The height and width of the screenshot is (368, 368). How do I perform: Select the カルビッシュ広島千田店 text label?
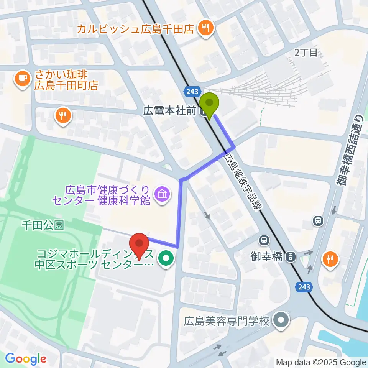click(x=136, y=29)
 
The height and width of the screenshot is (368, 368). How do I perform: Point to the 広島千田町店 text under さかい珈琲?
click(x=66, y=84)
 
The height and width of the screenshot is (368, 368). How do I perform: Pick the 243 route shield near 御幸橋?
click(x=304, y=286)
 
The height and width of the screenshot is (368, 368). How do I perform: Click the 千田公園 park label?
click(x=43, y=225)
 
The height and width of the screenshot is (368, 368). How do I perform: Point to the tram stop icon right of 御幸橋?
click(x=292, y=257)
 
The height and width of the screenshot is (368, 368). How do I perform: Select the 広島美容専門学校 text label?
click(x=227, y=320)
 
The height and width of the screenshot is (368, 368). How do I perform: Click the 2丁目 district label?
click(x=306, y=53)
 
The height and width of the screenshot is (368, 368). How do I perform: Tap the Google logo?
click(x=26, y=359)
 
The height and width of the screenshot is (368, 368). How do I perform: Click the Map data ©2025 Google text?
click(x=321, y=363)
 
